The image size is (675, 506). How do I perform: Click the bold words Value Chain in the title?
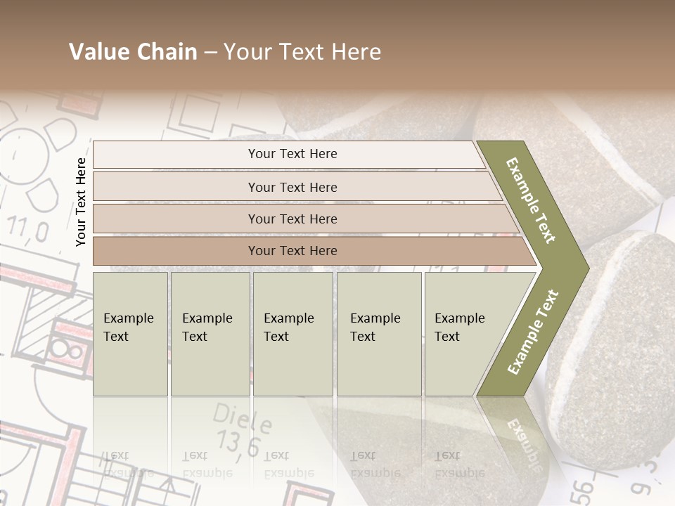(x=133, y=52)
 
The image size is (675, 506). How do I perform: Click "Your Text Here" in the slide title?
(x=302, y=52)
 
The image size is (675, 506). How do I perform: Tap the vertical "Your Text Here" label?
(x=81, y=202)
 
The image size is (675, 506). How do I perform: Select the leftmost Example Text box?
(x=130, y=333)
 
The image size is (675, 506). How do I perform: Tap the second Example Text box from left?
(x=210, y=333)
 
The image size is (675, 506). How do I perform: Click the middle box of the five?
(x=292, y=333)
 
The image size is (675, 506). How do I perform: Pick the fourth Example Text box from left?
(x=378, y=333)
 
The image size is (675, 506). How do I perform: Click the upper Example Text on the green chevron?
(x=532, y=200)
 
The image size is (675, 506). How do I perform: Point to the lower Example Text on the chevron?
(x=533, y=332)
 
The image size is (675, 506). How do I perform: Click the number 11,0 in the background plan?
(x=28, y=231)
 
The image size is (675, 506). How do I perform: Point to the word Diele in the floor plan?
(x=243, y=420)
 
